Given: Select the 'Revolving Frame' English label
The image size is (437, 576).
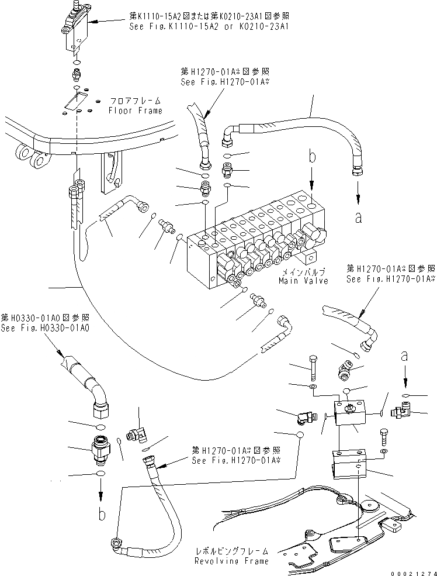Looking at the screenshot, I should (x=232, y=561).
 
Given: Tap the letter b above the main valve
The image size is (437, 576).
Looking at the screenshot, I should (x=313, y=157).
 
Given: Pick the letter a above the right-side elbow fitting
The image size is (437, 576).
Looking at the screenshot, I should (x=404, y=355).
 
